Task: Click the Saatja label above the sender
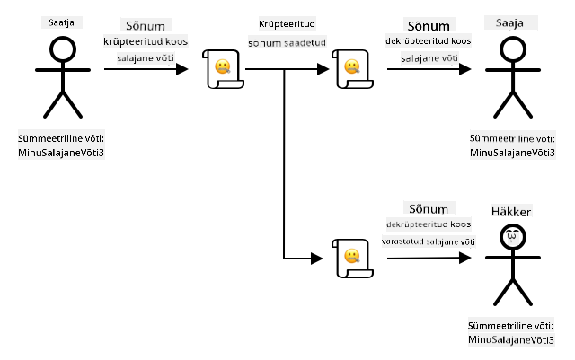[x=61, y=22]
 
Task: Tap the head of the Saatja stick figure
[x=63, y=49]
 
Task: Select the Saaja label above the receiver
[x=509, y=23]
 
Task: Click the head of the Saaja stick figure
[x=513, y=49]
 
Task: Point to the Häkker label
[x=511, y=212]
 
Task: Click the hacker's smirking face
[x=513, y=237]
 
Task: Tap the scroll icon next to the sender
[x=223, y=69]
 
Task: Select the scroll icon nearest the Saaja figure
[x=352, y=69]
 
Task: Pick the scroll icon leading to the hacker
[x=352, y=259]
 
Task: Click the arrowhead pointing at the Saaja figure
[x=465, y=69]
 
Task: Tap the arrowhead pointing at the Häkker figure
[x=465, y=258]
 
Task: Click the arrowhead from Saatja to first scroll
[x=181, y=69]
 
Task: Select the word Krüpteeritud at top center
[x=287, y=24]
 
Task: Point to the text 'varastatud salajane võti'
[x=429, y=241]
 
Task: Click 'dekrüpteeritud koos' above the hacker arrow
[x=429, y=224]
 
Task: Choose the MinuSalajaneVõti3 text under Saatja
[x=61, y=153]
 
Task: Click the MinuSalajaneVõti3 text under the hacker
[x=511, y=340]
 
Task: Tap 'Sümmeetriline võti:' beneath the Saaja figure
[x=512, y=139]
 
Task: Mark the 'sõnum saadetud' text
[x=287, y=43]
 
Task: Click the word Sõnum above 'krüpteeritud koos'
[x=146, y=26]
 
